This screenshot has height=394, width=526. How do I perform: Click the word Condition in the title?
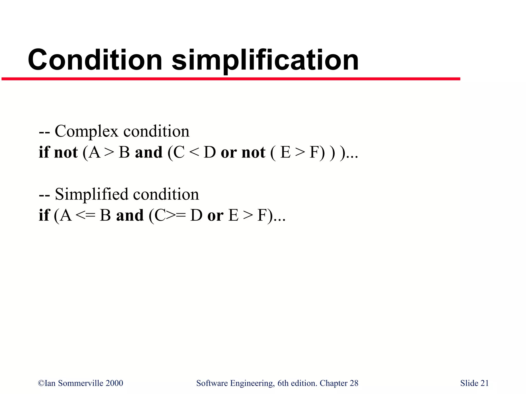click(95, 60)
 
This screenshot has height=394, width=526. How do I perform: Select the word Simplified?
click(91, 194)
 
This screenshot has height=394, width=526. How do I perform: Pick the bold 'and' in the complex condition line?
click(149, 152)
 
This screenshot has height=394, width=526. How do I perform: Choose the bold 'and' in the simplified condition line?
click(130, 215)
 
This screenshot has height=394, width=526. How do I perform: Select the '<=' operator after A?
click(86, 215)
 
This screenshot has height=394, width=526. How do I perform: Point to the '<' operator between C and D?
click(194, 152)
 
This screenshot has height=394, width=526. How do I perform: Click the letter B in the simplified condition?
click(105, 215)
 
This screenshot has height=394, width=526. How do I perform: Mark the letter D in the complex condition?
click(210, 152)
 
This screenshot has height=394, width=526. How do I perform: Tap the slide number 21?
click(484, 383)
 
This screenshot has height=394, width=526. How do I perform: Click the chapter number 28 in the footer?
click(354, 383)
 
